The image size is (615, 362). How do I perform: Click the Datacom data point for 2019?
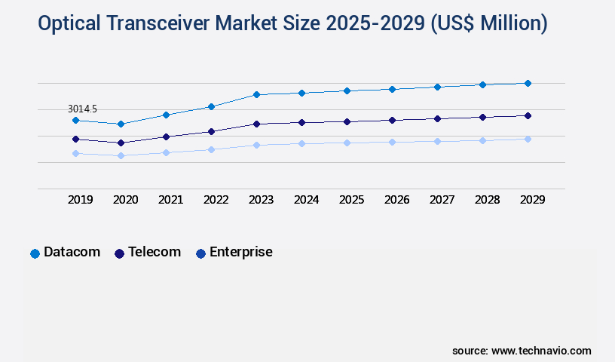pyautogui.click(x=75, y=120)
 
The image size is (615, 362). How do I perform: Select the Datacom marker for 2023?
pyautogui.click(x=256, y=94)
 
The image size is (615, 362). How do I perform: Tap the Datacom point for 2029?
pyautogui.click(x=528, y=83)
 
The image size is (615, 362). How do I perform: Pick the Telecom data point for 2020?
pyautogui.click(x=121, y=143)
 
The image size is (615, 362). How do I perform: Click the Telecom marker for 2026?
pyautogui.click(x=392, y=120)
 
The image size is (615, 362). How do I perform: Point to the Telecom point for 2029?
pyautogui.click(x=528, y=115)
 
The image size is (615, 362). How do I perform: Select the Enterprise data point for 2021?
pyautogui.click(x=166, y=152)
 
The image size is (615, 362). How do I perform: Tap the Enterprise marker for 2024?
pyautogui.click(x=301, y=143)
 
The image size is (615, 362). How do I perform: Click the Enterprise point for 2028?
pyautogui.click(x=482, y=140)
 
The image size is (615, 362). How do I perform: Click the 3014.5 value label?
pyautogui.click(x=82, y=109)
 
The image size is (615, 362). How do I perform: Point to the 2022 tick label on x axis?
pyautogui.click(x=216, y=200)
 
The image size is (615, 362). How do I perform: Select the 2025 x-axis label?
pyautogui.click(x=351, y=200)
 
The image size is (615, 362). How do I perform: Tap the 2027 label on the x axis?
pyautogui.click(x=442, y=200)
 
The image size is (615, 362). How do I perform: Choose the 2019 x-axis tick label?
pyautogui.click(x=80, y=200)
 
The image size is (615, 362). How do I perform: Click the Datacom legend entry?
pyautogui.click(x=66, y=253)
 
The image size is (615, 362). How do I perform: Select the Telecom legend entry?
pyautogui.click(x=148, y=253)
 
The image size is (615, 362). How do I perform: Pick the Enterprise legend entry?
pyautogui.click(x=234, y=253)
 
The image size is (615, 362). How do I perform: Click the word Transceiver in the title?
pyautogui.click(x=159, y=24)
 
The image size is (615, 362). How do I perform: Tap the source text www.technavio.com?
pyautogui.click(x=541, y=351)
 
